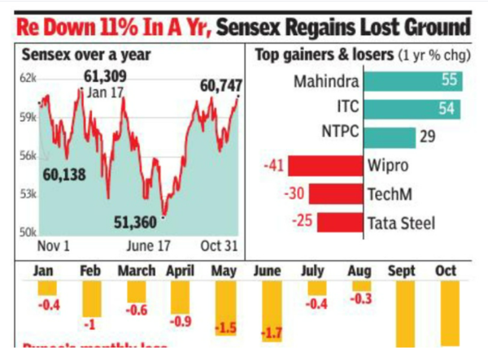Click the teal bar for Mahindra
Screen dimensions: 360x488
(x=413, y=82)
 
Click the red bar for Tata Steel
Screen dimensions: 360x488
(x=340, y=222)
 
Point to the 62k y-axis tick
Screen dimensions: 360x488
(x=28, y=78)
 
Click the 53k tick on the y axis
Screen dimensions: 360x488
(x=28, y=193)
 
